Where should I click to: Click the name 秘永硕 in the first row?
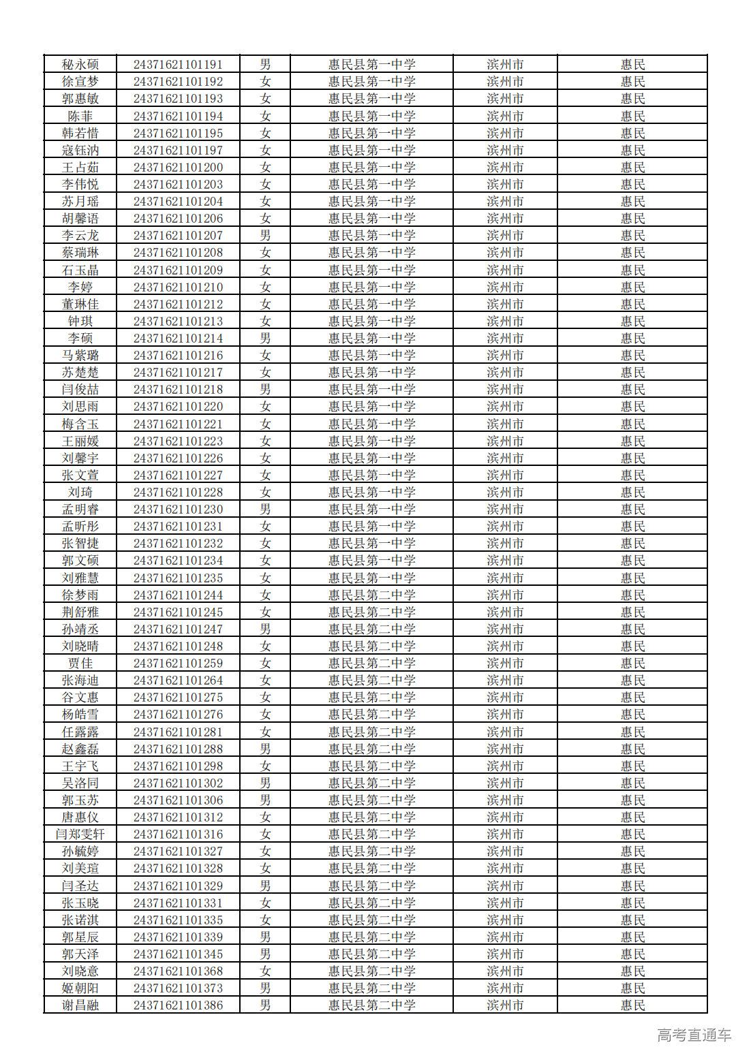[80, 65]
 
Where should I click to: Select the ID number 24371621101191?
[178, 65]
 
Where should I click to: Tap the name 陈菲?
[80, 116]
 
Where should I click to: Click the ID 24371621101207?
[178, 236]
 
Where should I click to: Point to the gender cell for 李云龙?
[265, 236]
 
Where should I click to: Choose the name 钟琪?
[80, 322]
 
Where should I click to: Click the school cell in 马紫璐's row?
[371, 356]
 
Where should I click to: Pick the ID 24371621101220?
[178, 407]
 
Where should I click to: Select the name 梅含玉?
[80, 424]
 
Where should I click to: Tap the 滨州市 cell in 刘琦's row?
[505, 493]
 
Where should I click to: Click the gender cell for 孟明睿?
[265, 510]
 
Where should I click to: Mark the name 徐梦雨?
[80, 595]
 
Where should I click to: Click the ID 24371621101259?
[178, 663]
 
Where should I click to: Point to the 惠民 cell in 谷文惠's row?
[632, 698]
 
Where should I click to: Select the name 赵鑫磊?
[80, 749]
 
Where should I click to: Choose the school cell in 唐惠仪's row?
[371, 817]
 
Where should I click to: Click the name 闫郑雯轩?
[80, 834]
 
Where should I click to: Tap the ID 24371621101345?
[178, 954]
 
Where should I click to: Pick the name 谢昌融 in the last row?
[80, 1005]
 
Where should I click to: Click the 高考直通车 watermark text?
[694, 1035]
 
